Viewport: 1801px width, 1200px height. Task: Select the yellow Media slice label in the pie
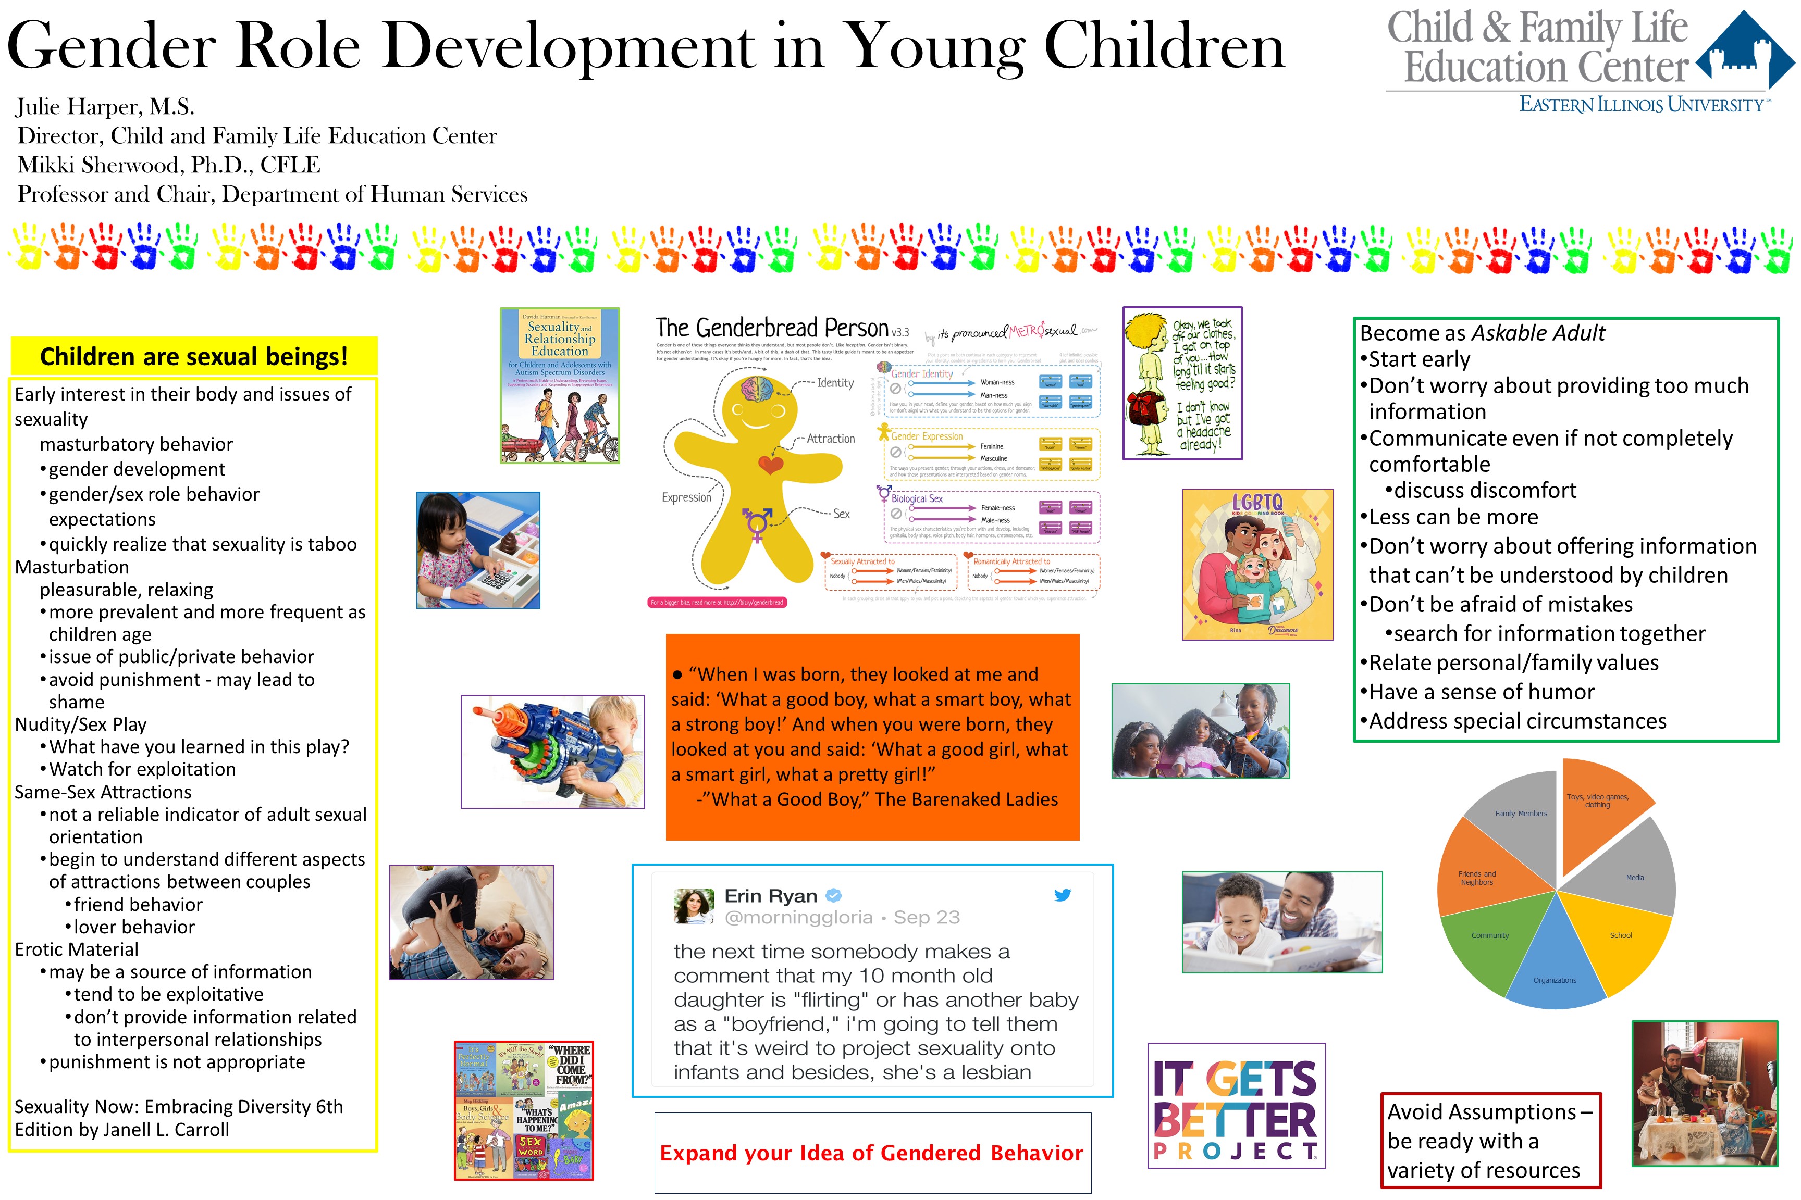tap(1635, 878)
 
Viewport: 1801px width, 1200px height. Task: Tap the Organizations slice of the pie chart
tap(1555, 964)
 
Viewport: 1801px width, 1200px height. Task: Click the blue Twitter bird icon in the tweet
tap(1062, 895)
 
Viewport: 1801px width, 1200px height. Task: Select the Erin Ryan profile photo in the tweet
tap(694, 905)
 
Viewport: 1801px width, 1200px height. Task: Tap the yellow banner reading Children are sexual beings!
tap(194, 357)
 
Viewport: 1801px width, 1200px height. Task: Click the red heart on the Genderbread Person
tap(770, 464)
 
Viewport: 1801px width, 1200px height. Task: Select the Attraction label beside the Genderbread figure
tap(830, 439)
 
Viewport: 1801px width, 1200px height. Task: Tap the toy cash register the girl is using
tap(498, 578)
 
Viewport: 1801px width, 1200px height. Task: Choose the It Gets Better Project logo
tap(1236, 1106)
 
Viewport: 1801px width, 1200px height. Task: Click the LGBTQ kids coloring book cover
tap(1257, 564)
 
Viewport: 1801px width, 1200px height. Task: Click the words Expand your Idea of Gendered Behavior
tap(871, 1153)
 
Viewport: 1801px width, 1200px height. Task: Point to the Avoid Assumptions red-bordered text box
tap(1490, 1140)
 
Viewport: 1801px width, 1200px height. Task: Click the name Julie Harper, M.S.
tap(106, 106)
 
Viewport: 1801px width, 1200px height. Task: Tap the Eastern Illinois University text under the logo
tap(1642, 105)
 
